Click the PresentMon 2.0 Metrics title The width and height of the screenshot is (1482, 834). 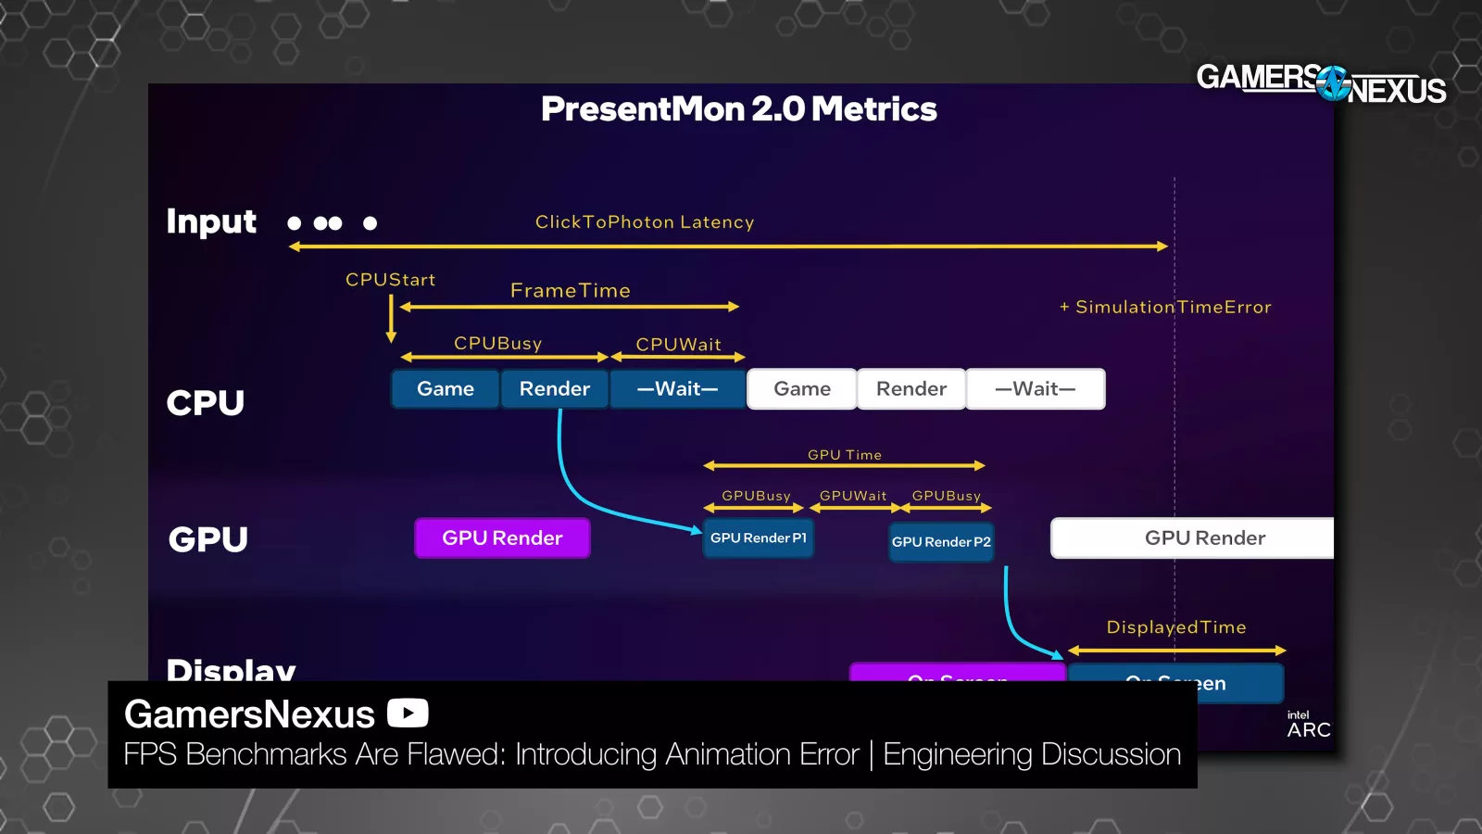(738, 109)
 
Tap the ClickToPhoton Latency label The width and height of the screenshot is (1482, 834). (645, 222)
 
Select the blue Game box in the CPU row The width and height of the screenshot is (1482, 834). (446, 389)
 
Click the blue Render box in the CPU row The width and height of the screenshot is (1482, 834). (554, 389)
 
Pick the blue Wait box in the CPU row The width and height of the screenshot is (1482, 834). (677, 389)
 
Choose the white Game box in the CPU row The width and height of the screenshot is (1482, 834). (802, 389)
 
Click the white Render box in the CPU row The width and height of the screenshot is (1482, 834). (911, 389)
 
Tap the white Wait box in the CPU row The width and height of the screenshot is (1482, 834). (1035, 389)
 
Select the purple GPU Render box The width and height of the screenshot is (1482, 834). (502, 538)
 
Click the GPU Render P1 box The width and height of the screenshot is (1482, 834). (758, 538)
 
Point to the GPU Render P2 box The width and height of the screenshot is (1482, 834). (941, 542)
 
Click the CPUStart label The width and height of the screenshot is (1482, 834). (390, 280)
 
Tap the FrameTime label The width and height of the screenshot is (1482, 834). (571, 291)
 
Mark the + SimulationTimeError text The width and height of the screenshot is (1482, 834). (1165, 307)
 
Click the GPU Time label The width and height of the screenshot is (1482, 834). (844, 455)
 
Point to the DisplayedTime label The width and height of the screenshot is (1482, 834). (1176, 627)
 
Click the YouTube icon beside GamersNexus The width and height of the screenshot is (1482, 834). (408, 714)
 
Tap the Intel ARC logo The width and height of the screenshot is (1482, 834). (1308, 725)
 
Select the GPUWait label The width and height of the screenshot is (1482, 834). (853, 496)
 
